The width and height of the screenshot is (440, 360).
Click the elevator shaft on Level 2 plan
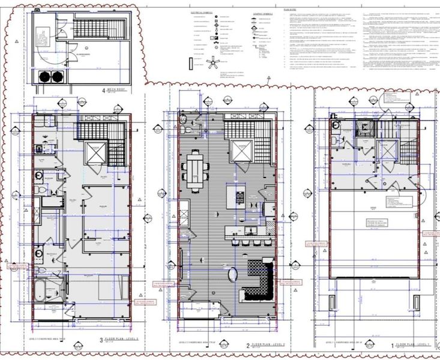pyautogui.click(x=240, y=151)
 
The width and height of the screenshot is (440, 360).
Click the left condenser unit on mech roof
pyautogui.click(x=45, y=77)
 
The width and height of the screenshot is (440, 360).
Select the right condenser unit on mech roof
pyautogui.click(x=57, y=77)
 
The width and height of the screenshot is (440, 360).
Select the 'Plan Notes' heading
pyautogui.click(x=291, y=11)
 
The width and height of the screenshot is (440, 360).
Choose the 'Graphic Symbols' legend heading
pyautogui.click(x=263, y=11)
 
